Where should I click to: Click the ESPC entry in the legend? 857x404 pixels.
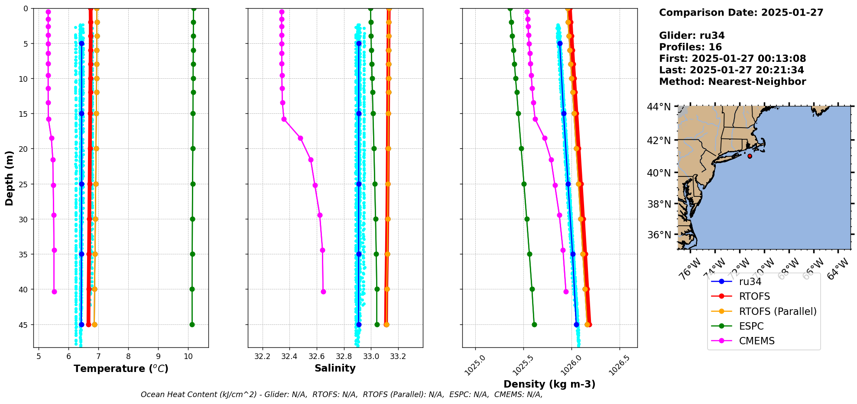coord(751,326)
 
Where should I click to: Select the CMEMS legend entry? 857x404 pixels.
coord(756,341)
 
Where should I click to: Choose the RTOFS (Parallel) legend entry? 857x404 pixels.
coord(777,311)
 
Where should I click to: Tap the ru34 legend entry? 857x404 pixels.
coord(750,282)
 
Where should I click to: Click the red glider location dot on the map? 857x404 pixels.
coord(750,156)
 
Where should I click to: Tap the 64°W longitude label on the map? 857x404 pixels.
coord(838,269)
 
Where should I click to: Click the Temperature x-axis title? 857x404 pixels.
coord(121,369)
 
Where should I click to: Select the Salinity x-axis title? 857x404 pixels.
coord(335,368)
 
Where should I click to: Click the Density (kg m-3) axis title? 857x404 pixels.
coord(549,384)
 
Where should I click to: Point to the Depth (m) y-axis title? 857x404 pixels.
coord(10,178)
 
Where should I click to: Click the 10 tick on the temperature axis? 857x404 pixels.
coord(188,356)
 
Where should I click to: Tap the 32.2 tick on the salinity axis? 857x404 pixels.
coord(262,356)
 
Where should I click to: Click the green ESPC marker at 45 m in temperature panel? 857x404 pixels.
coord(192,324)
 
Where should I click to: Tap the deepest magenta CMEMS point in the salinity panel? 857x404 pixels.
coord(323,292)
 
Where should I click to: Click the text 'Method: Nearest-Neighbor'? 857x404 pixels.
coord(732,81)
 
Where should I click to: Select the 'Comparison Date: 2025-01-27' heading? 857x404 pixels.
coord(741,13)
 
